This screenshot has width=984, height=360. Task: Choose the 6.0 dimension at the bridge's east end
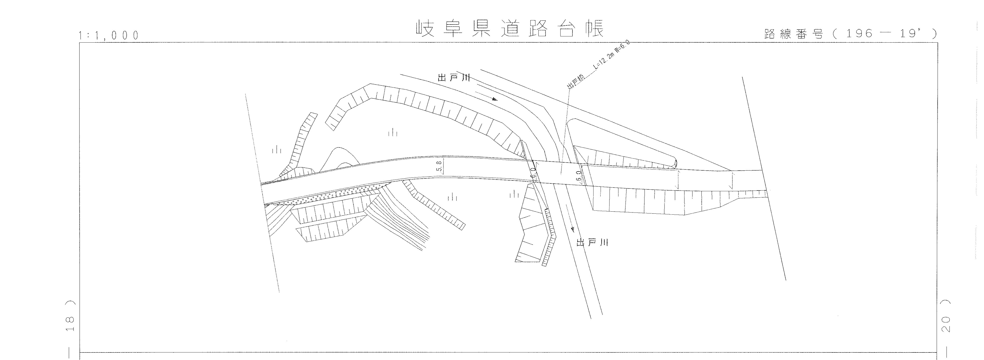click(578, 177)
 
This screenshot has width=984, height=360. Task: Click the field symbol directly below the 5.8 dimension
click(453, 197)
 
